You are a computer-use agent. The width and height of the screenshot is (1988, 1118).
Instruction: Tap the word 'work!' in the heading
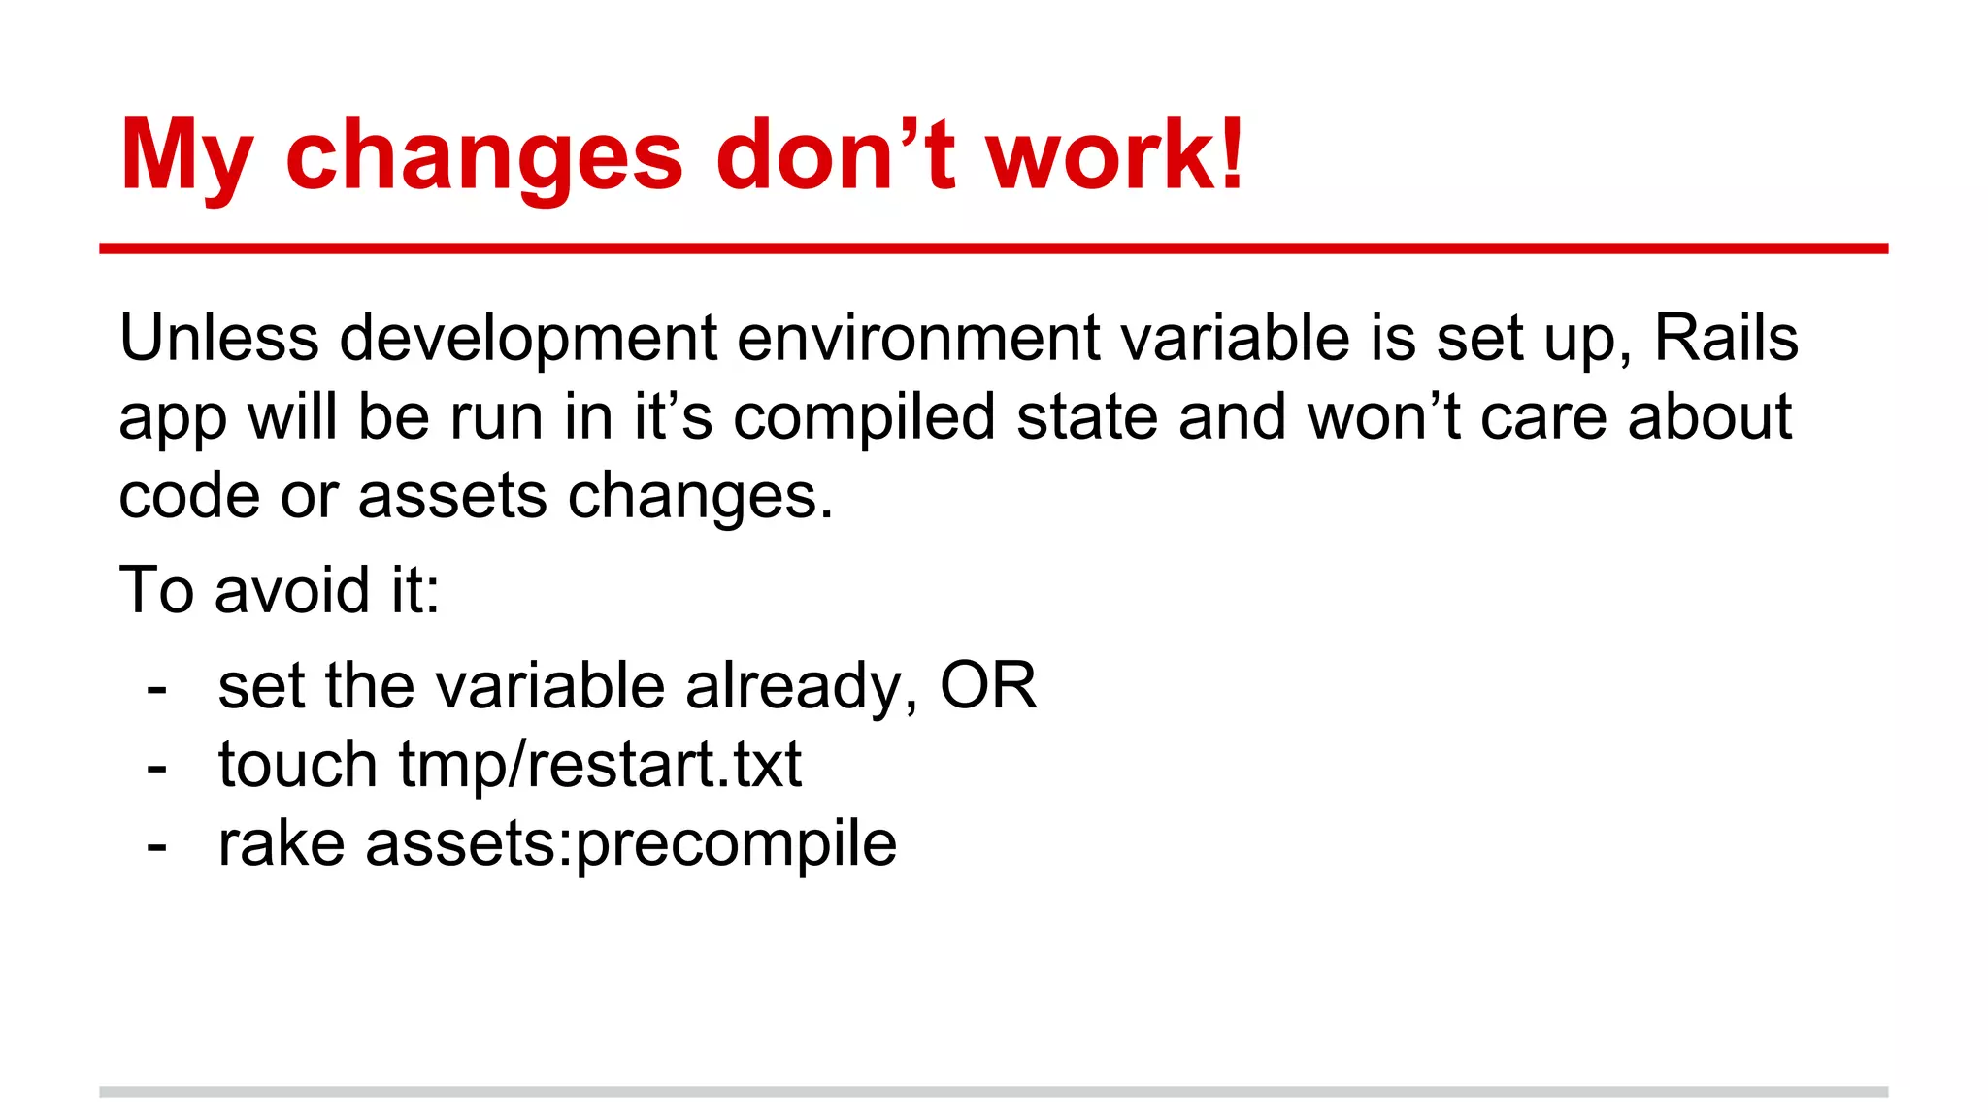(1115, 155)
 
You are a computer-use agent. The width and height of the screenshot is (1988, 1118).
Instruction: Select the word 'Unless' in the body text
(219, 339)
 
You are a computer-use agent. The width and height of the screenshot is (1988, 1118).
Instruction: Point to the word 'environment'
(918, 339)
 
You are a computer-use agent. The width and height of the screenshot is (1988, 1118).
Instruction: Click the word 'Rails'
(1726, 339)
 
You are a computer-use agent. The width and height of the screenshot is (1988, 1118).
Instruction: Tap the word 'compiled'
(864, 418)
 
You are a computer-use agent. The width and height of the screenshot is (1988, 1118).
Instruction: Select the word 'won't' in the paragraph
(1383, 418)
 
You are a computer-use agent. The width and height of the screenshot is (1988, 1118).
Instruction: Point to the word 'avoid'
(292, 590)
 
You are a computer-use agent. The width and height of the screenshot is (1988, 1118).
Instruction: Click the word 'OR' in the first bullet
(987, 686)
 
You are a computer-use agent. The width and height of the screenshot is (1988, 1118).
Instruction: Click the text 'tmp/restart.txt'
(600, 765)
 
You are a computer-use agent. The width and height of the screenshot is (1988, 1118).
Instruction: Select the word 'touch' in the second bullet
(297, 765)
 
